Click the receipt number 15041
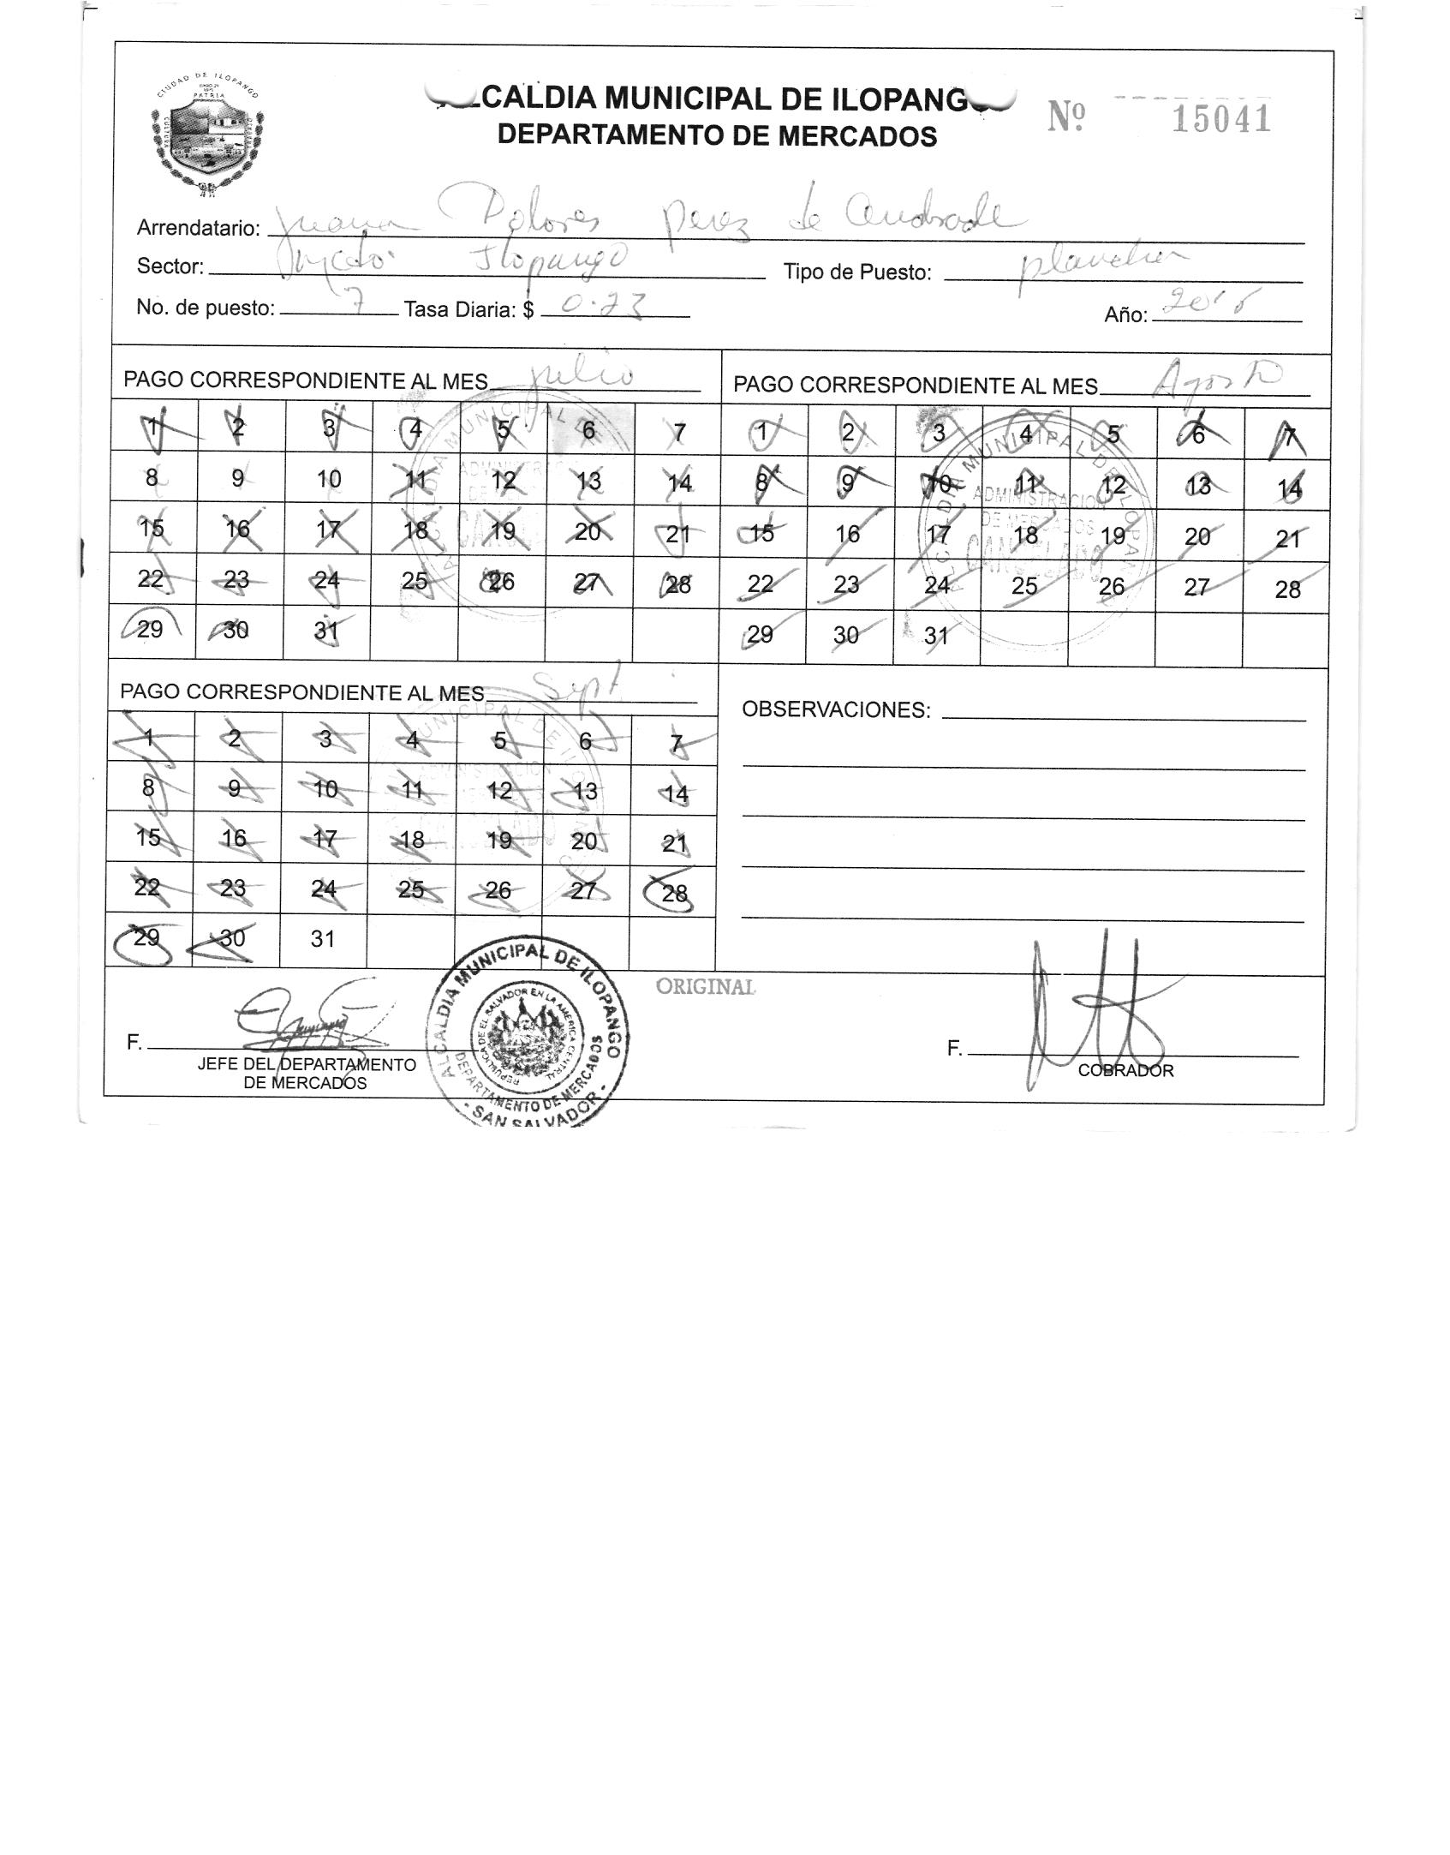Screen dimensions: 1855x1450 1220,118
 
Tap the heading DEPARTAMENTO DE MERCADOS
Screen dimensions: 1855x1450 717,135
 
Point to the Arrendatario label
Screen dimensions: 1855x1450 198,228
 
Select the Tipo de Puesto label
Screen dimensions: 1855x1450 857,272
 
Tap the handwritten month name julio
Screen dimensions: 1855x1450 582,376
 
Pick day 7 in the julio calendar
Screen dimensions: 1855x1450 679,433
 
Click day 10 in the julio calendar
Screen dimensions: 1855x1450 328,479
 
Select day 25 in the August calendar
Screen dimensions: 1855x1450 1024,586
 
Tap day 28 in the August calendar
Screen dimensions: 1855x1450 1287,589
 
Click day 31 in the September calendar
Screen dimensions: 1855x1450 322,939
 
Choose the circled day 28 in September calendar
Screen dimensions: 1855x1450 674,894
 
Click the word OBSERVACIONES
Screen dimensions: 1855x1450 835,709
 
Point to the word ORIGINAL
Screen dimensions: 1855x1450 706,987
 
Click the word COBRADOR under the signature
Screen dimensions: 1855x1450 1125,1071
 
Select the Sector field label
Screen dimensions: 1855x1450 170,266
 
